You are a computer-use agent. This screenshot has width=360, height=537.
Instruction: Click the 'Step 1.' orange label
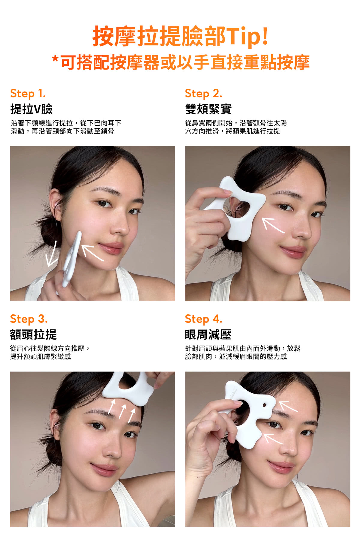[x=28, y=93]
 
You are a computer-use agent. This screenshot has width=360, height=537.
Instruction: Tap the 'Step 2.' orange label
[x=203, y=93]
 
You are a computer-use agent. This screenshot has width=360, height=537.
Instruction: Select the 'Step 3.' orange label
[x=29, y=319]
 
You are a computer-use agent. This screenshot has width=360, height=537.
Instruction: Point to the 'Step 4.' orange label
[x=203, y=319]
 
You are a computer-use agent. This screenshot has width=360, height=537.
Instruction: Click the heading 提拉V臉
[x=31, y=109]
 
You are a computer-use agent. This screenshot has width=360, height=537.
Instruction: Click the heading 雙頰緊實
[x=208, y=109]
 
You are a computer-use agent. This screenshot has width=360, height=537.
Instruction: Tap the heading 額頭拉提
[x=33, y=334]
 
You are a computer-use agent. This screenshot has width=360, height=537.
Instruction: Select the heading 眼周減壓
[x=208, y=334]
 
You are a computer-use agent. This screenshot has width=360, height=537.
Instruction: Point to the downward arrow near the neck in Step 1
[x=52, y=254]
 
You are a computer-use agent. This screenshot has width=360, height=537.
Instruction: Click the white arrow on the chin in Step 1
[x=92, y=253]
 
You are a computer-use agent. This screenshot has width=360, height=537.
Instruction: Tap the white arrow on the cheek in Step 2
[x=272, y=225]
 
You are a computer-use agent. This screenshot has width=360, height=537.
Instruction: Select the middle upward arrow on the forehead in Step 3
[x=122, y=411]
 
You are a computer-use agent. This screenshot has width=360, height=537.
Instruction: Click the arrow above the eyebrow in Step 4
[x=288, y=406]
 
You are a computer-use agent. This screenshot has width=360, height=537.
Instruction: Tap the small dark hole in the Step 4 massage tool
[x=264, y=405]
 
